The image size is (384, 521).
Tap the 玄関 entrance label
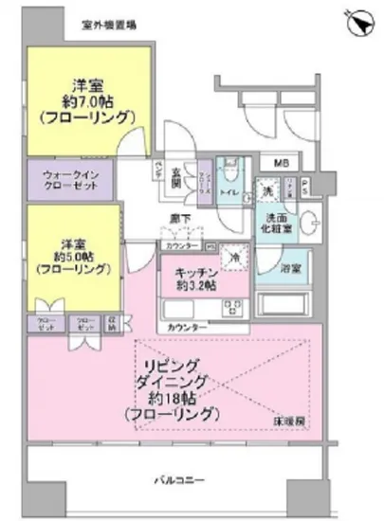click(176, 177)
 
